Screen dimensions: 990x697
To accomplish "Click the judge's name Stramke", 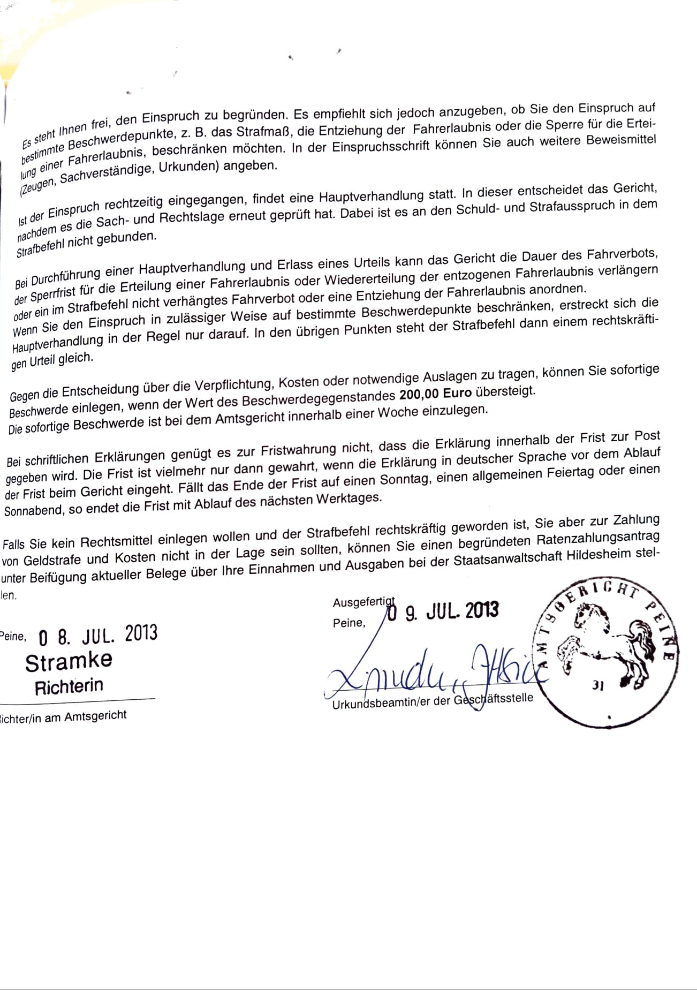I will (x=69, y=662).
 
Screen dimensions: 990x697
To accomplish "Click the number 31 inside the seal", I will (x=598, y=685).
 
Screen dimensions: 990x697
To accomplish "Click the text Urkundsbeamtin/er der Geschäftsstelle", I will (x=433, y=701).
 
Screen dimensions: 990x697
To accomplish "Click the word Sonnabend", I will (x=33, y=511).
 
